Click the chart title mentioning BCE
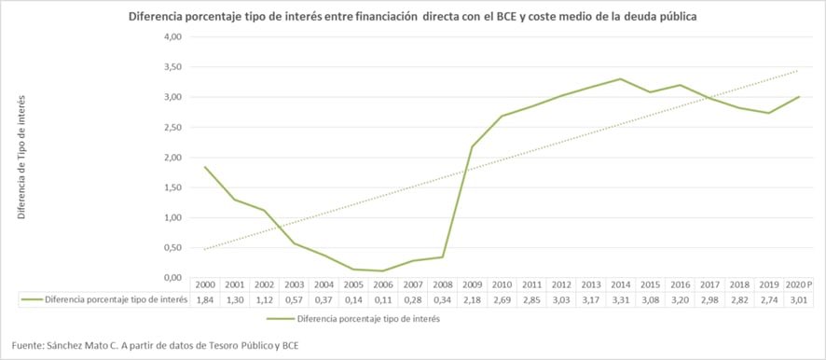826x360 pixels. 412,17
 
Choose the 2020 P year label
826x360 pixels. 799,284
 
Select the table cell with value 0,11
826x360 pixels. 383,298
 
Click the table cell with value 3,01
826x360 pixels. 799,298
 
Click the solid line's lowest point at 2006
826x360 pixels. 383,271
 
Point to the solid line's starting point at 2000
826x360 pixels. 204,167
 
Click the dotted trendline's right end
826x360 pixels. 799,70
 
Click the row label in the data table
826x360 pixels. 103,298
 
